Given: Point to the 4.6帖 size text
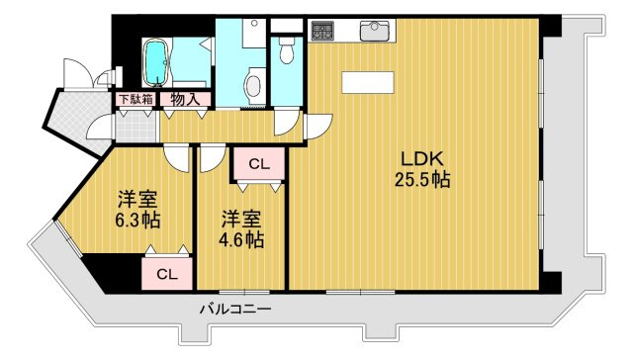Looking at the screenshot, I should coord(241,238).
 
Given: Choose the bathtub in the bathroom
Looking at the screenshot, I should coord(156,63).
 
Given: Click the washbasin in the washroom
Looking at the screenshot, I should coord(253,83).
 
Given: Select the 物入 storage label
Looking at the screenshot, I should coord(184,99).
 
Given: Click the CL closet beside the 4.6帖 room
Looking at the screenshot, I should coord(258,163).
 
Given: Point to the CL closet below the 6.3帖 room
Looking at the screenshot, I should coord(166,273).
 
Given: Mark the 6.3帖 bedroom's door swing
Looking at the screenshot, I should coord(177,157).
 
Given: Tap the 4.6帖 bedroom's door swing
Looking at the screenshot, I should coord(211,157).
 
